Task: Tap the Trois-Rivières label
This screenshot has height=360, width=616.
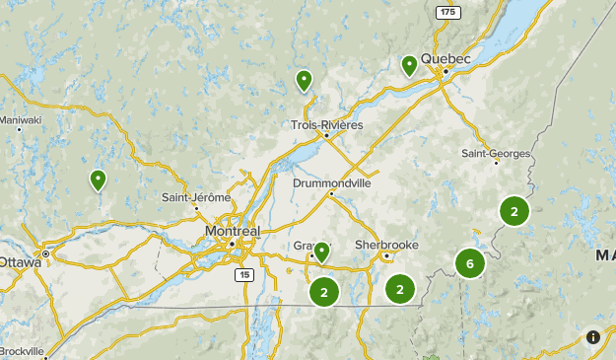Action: pyautogui.click(x=327, y=125)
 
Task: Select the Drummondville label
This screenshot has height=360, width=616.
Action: pyautogui.click(x=331, y=182)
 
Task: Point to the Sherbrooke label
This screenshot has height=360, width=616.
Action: pyautogui.click(x=388, y=244)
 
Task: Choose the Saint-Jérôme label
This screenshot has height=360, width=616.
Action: pyautogui.click(x=196, y=197)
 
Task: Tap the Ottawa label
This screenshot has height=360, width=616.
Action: pyautogui.click(x=20, y=262)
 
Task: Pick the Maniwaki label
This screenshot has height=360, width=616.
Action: pyautogui.click(x=20, y=120)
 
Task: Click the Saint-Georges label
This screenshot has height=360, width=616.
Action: pyautogui.click(x=497, y=153)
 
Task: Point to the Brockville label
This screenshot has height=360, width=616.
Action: pyautogui.click(x=22, y=351)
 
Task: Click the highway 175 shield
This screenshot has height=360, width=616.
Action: pyautogui.click(x=448, y=11)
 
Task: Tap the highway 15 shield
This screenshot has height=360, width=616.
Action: pyautogui.click(x=242, y=275)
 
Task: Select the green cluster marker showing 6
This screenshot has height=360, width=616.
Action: pyautogui.click(x=470, y=263)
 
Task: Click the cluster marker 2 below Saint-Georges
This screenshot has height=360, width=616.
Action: pyautogui.click(x=513, y=210)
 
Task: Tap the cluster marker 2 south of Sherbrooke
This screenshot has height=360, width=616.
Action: pyautogui.click(x=399, y=289)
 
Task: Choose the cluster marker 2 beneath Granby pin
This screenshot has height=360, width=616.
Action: pyautogui.click(x=323, y=291)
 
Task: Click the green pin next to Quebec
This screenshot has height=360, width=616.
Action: pyautogui.click(x=409, y=65)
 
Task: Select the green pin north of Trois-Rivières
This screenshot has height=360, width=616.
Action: pyautogui.click(x=304, y=80)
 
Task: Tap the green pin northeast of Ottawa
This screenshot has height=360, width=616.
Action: pyautogui.click(x=98, y=180)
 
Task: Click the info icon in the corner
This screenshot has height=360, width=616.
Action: pyautogui.click(x=592, y=337)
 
